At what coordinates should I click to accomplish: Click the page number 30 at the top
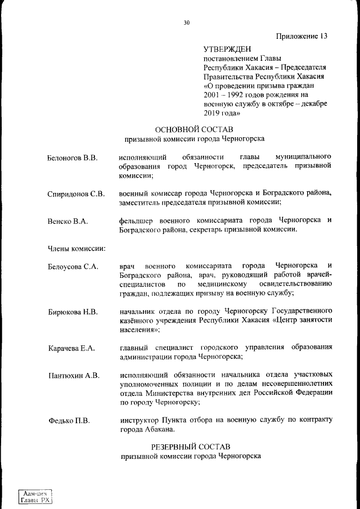[x=187, y=23]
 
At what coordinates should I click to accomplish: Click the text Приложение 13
[x=301, y=37]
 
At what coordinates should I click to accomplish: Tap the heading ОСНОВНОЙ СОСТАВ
[x=194, y=128]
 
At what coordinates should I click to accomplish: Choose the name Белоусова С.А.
[x=73, y=267]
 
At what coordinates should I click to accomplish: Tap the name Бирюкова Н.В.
[x=73, y=312]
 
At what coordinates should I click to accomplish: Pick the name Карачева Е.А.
[x=71, y=349]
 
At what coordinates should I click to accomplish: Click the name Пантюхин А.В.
[x=73, y=375]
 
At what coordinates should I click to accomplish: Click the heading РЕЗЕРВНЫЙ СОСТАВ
[x=191, y=446]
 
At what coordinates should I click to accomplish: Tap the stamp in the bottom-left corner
[x=36, y=496]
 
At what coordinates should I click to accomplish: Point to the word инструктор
[x=141, y=420]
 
